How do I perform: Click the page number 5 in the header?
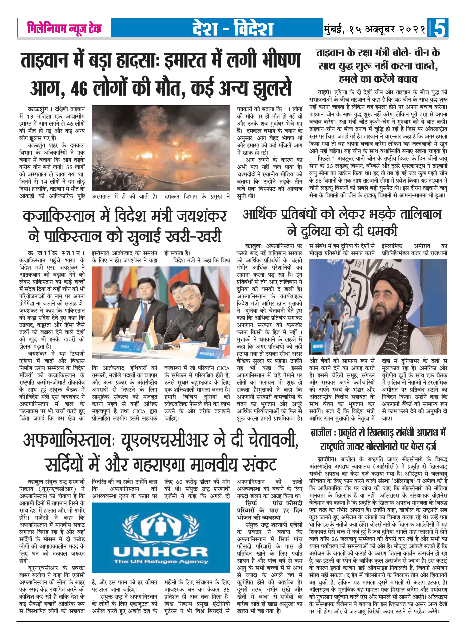click(x=439, y=28)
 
